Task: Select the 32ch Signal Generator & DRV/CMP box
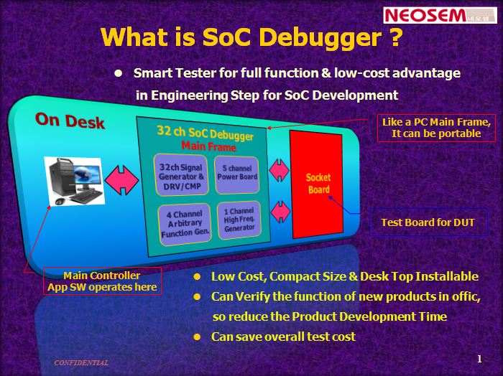click(x=182, y=177)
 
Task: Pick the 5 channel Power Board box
click(x=237, y=173)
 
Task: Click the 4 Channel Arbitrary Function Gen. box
click(x=185, y=224)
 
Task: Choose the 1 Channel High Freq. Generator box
click(x=239, y=220)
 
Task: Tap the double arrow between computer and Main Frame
click(x=122, y=184)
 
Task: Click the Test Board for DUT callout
click(x=428, y=222)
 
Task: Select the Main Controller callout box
click(x=102, y=281)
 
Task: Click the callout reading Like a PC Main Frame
click(x=436, y=128)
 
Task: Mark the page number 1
click(x=479, y=359)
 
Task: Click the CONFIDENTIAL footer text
click(x=81, y=363)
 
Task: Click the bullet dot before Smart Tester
click(x=119, y=73)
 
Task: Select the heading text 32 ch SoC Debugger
click(x=205, y=133)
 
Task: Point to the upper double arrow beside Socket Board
click(x=279, y=169)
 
